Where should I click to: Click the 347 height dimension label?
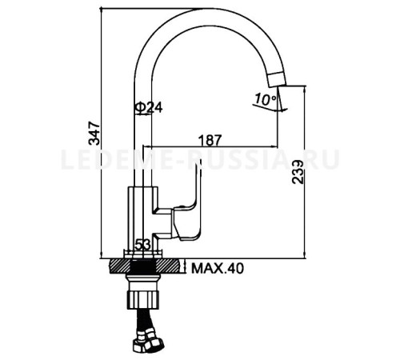point(94,133)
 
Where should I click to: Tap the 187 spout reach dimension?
point(210,140)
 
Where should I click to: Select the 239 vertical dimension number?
point(298,172)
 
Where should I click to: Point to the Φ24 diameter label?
point(149,108)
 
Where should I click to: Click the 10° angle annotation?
point(266,99)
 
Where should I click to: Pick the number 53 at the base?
point(143,244)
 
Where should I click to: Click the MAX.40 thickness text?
point(218,269)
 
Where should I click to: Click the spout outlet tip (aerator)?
point(277,79)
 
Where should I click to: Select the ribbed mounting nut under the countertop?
point(143,299)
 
